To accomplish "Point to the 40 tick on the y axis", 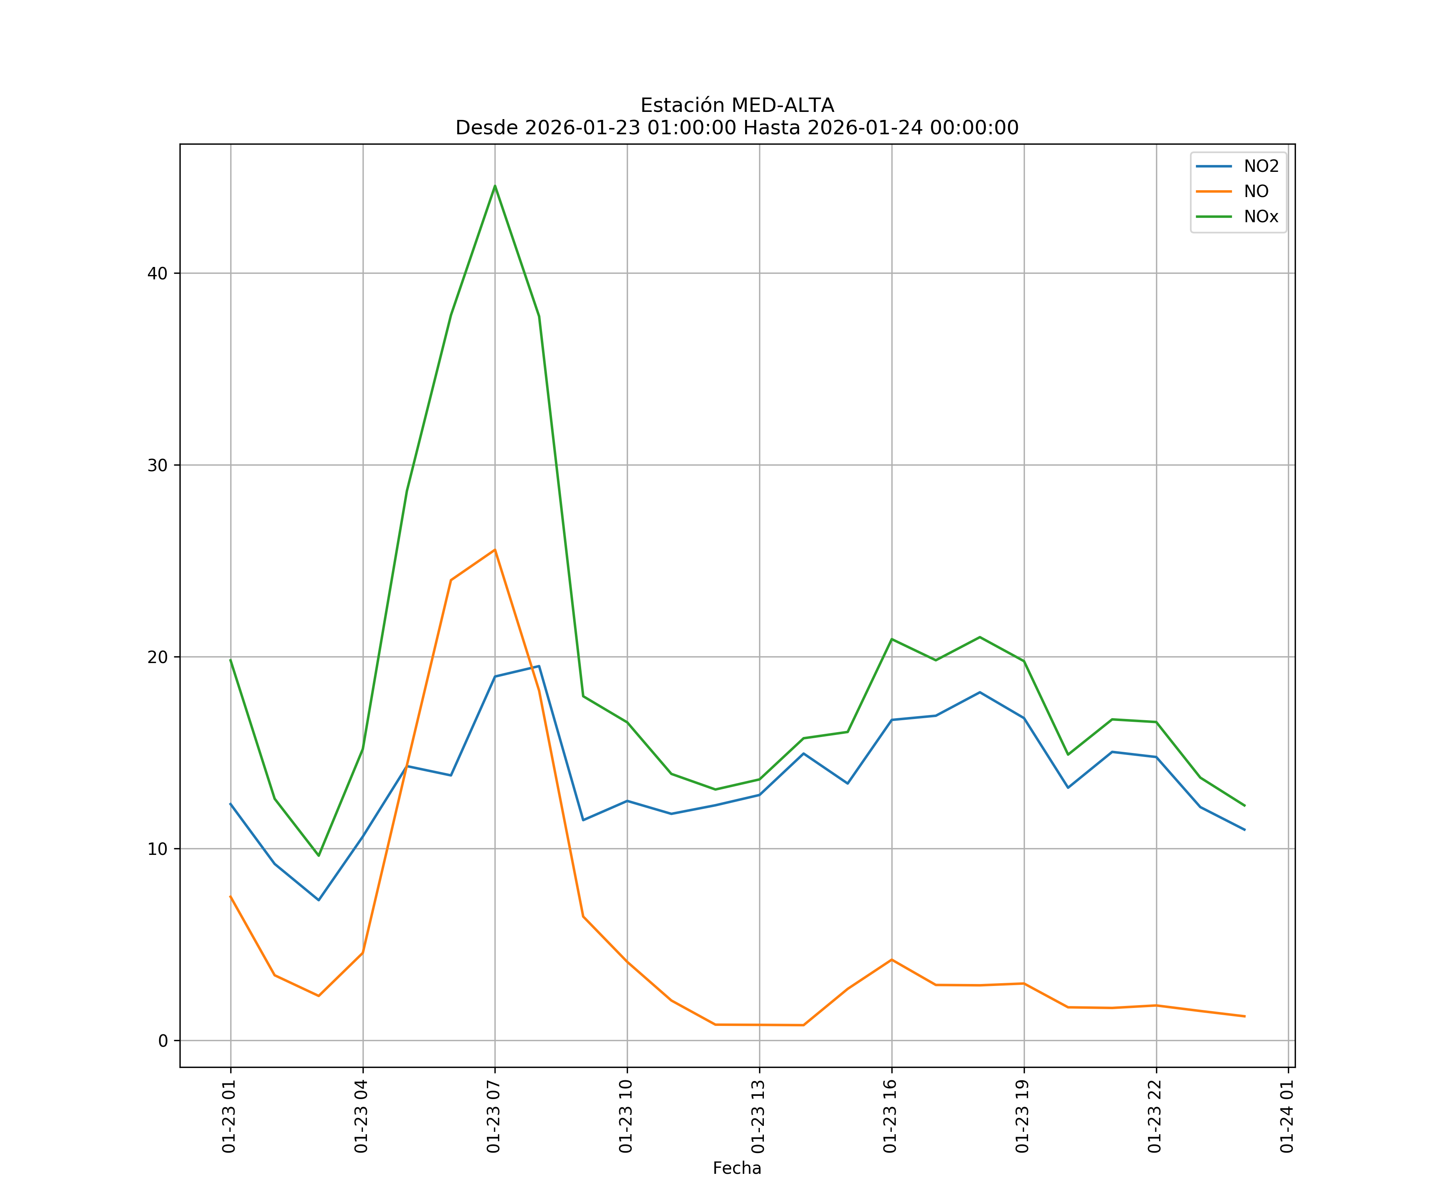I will (x=157, y=273).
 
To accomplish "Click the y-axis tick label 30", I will (x=157, y=465).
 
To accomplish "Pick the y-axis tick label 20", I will (x=157, y=657).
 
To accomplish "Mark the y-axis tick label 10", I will (x=157, y=849).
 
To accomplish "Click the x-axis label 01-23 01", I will (x=229, y=1116).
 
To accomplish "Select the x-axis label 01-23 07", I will (x=493, y=1116).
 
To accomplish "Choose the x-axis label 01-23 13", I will (x=758, y=1116).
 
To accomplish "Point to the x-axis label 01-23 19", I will (x=1022, y=1116).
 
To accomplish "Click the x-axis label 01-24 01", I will (x=1287, y=1116).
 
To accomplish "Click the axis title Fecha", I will (x=737, y=1168).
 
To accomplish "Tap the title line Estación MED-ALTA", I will (x=737, y=106).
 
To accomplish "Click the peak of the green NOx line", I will (x=495, y=186).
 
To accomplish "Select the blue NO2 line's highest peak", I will (x=538, y=666).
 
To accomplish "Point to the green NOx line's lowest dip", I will (x=319, y=856).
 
